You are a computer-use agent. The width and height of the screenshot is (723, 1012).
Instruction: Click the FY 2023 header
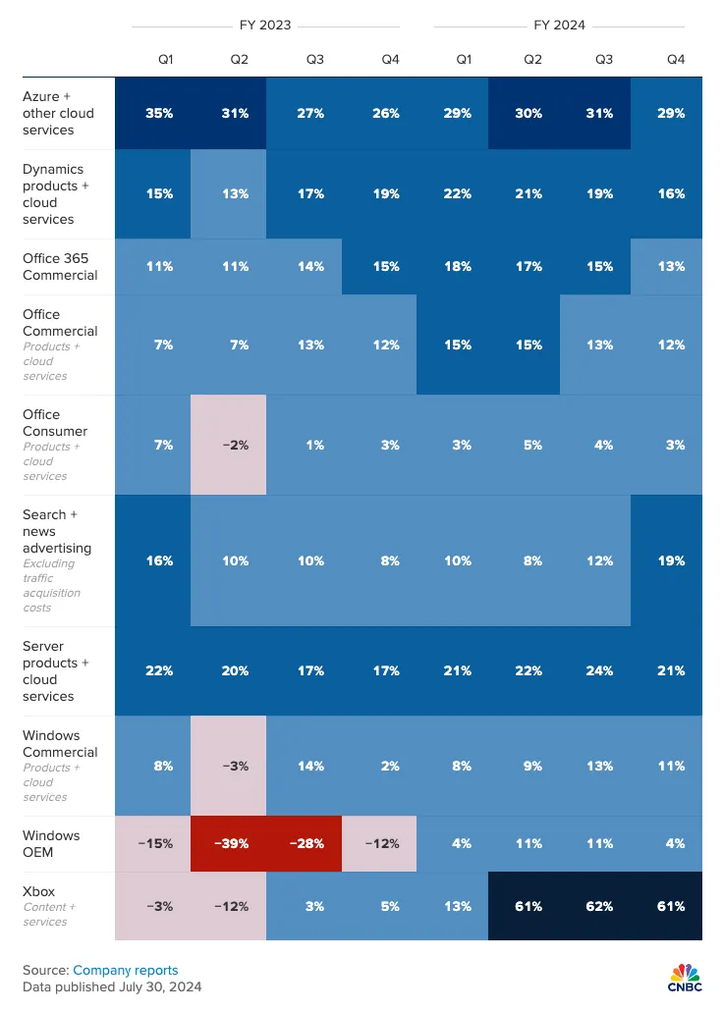pos(265,25)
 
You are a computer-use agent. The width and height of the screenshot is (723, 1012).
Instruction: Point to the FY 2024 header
pos(560,25)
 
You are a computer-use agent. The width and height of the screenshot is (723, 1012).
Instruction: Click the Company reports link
pos(126,970)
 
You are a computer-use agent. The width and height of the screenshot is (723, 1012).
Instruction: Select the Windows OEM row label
pos(51,843)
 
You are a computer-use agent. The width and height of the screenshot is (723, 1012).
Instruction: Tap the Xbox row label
pos(39,890)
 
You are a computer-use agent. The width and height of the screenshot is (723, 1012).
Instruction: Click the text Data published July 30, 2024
pos(112,986)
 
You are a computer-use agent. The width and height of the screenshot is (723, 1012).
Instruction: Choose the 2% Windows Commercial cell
pos(390,766)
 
